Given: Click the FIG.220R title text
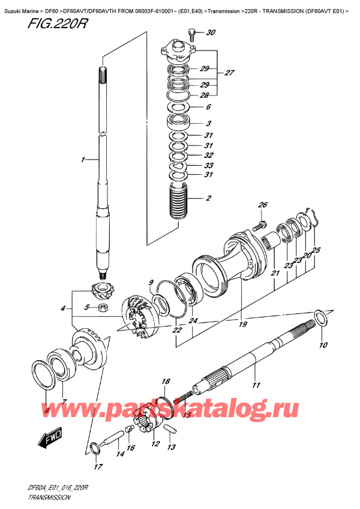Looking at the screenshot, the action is click(x=58, y=23).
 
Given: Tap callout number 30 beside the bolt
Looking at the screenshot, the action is click(x=211, y=32).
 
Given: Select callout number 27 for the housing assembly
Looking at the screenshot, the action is click(x=229, y=73).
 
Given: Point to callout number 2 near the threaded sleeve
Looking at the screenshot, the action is click(x=208, y=198).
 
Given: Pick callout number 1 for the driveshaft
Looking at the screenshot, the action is click(x=83, y=160).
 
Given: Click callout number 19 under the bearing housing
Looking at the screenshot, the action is click(x=243, y=324).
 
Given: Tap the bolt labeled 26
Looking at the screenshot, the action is click(x=259, y=225).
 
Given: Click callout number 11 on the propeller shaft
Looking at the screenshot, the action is click(x=256, y=385).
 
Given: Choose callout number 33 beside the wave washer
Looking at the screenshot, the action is click(x=209, y=166).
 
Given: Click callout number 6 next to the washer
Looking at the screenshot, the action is click(x=208, y=107).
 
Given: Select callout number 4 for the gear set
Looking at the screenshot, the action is click(x=63, y=309).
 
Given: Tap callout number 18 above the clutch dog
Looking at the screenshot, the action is click(x=166, y=381).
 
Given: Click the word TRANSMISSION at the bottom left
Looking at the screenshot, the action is click(x=49, y=498).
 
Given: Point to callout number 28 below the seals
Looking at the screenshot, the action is click(x=204, y=95).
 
